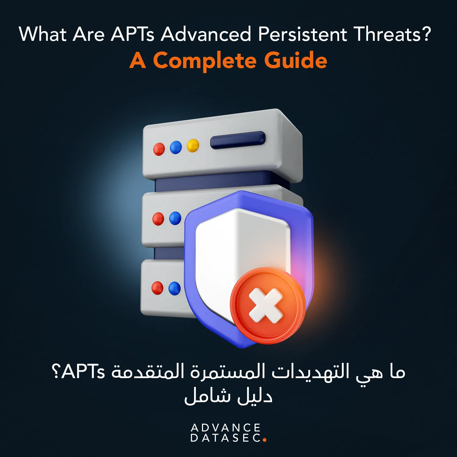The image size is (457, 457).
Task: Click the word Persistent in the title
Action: click(302, 34)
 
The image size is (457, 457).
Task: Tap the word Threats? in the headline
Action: click(393, 34)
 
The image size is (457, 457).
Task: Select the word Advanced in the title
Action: click(206, 34)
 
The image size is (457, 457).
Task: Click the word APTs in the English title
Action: click(133, 34)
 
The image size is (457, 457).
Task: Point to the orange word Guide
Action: click(296, 60)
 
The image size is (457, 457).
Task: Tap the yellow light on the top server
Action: click(193, 145)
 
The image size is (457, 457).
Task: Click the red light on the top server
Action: click(159, 149)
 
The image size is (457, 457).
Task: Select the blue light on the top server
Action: click(176, 147)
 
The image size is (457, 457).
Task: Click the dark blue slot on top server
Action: click(238, 140)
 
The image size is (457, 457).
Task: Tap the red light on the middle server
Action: click(158, 219)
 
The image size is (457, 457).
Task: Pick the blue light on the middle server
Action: click(175, 218)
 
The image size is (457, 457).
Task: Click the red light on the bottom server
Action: click(157, 288)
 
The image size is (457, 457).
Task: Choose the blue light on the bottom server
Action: click(174, 288)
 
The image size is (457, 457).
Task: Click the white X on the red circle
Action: click(266, 306)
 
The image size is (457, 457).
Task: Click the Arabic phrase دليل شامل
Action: click(228, 396)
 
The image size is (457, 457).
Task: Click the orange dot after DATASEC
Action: click(264, 440)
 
